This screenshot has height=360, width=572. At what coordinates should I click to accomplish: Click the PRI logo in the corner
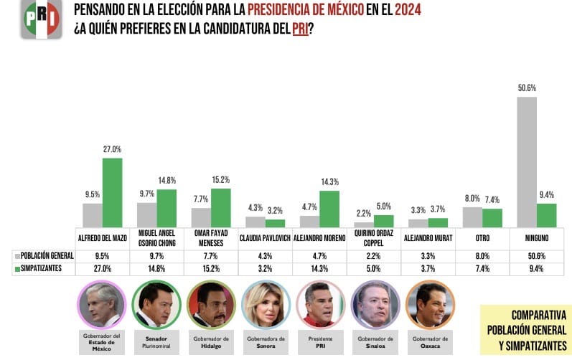(x=39, y=19)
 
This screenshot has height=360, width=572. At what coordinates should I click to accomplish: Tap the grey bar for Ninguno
(x=526, y=162)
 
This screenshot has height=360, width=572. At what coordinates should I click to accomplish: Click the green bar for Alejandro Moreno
(x=329, y=209)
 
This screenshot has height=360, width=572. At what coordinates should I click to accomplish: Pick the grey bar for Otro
(x=472, y=217)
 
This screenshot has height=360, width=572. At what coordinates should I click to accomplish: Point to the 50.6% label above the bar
(x=528, y=88)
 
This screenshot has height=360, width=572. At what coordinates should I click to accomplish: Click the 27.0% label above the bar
(x=112, y=150)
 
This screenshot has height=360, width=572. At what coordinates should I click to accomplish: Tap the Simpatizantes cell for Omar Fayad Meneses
(x=210, y=268)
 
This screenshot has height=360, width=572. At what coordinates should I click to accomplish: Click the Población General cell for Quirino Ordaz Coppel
(x=374, y=255)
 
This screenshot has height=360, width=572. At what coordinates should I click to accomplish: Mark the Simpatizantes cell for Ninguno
(x=537, y=268)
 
